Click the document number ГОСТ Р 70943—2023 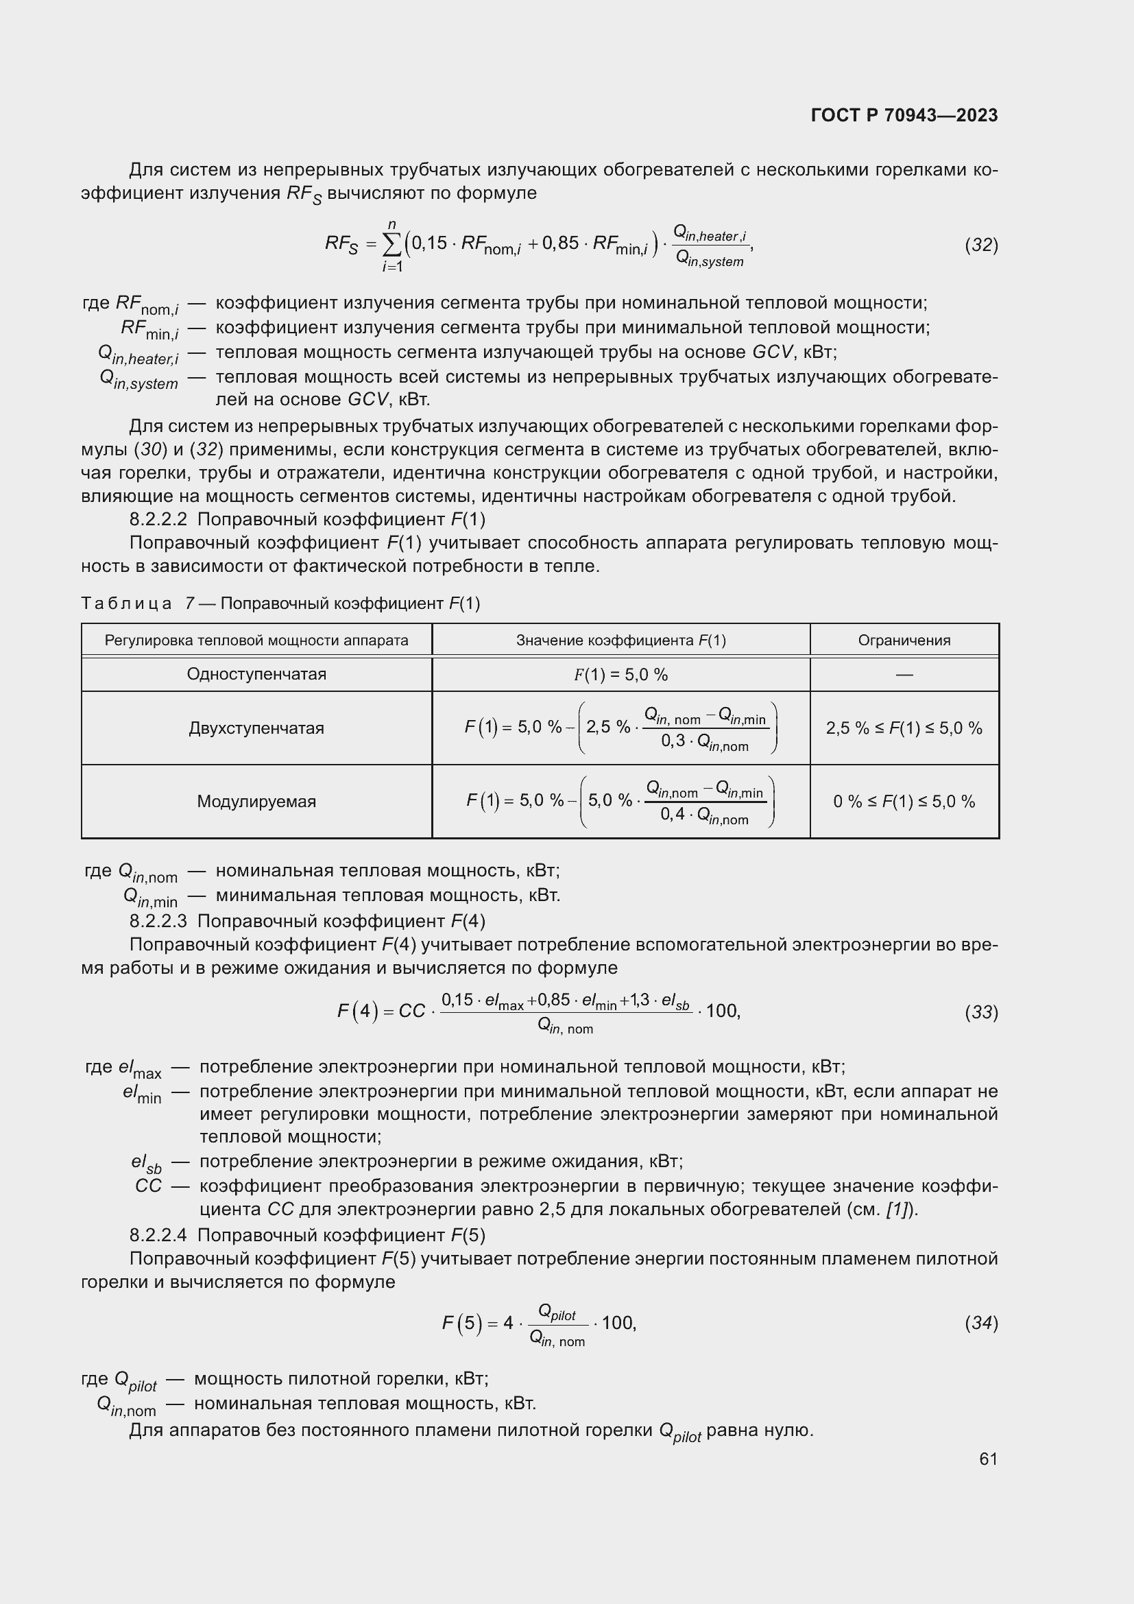tap(904, 115)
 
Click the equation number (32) tap(981, 246)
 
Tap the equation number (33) tap(981, 1012)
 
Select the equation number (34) tap(981, 1323)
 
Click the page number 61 tap(988, 1459)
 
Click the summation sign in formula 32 tap(392, 245)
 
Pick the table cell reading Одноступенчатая tap(256, 674)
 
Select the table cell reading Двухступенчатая tap(256, 728)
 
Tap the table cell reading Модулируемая tap(256, 801)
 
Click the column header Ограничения tap(904, 640)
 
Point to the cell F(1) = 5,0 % tap(620, 675)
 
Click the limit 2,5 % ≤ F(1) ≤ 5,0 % tap(904, 728)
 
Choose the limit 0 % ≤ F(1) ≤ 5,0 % tap(904, 801)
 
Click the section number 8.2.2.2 tap(158, 520)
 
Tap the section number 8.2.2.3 tap(158, 921)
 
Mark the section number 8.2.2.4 tap(158, 1235)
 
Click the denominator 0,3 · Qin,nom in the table tap(705, 742)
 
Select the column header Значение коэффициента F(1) tap(620, 640)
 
